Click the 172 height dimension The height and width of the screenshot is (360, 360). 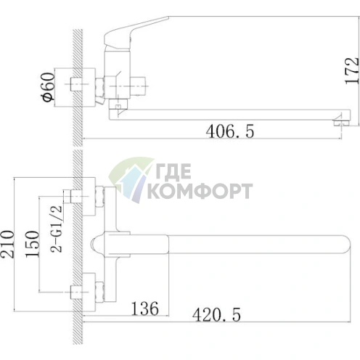352,70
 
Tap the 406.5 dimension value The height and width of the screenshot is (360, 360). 230,131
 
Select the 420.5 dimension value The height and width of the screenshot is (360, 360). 216,314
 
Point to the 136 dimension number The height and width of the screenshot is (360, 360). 144,308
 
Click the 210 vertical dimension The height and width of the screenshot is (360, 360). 7,244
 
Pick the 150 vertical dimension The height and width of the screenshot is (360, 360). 32,244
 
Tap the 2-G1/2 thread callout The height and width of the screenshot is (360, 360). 57,229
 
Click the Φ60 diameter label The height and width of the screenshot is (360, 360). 48,87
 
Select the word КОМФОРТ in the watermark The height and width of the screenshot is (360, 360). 200,191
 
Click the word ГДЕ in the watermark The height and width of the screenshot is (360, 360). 173,171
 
